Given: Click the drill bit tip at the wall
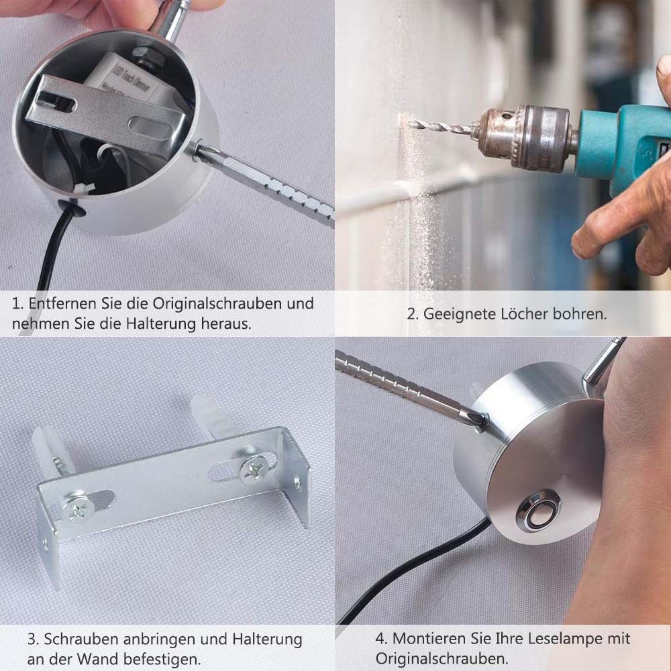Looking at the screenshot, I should [x=413, y=123].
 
